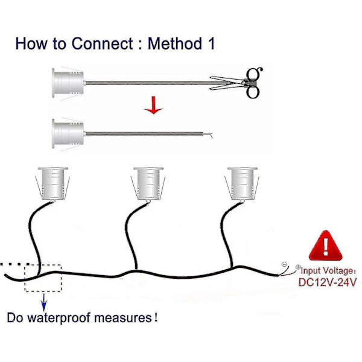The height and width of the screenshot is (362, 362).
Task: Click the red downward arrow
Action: [154, 105]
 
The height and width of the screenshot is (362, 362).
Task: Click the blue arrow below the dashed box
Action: [43, 302]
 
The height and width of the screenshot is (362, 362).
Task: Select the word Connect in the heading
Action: [103, 43]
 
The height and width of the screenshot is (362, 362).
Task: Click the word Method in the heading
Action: [175, 43]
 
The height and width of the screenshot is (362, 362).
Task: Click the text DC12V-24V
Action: [328, 282]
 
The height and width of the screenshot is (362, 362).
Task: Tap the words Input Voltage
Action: [326, 270]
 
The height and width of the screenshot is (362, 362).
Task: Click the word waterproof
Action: [59, 318]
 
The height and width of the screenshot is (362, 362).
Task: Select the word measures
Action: [123, 318]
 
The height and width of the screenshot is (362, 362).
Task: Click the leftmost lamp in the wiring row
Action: [52, 183]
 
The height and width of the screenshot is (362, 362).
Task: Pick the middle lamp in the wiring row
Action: [148, 183]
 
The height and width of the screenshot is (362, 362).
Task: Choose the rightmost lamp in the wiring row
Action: [242, 183]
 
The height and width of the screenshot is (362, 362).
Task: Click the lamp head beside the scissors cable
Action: [68, 83]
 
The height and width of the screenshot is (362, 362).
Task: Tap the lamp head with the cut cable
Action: [68, 134]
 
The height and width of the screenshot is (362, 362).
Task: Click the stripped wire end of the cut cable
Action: [208, 135]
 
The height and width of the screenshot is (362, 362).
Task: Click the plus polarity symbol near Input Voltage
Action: [298, 267]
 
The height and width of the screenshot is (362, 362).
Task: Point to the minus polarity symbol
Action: [284, 264]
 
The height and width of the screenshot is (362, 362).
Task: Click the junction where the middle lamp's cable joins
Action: [136, 270]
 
